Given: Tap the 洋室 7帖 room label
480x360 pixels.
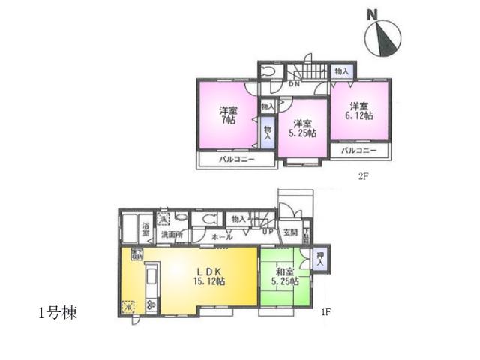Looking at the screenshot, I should click(x=229, y=115).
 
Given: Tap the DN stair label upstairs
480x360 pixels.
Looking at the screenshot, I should click(x=295, y=84).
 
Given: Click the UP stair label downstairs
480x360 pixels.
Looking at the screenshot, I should click(x=267, y=230).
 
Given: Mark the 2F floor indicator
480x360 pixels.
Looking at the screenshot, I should click(x=363, y=177).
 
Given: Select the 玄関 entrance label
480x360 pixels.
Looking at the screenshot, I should click(x=291, y=232).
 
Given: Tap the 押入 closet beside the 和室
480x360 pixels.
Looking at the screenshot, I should click(x=320, y=259).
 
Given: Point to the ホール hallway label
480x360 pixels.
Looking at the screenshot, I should click(x=222, y=237).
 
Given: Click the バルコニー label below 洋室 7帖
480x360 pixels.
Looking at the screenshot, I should click(x=236, y=160).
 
